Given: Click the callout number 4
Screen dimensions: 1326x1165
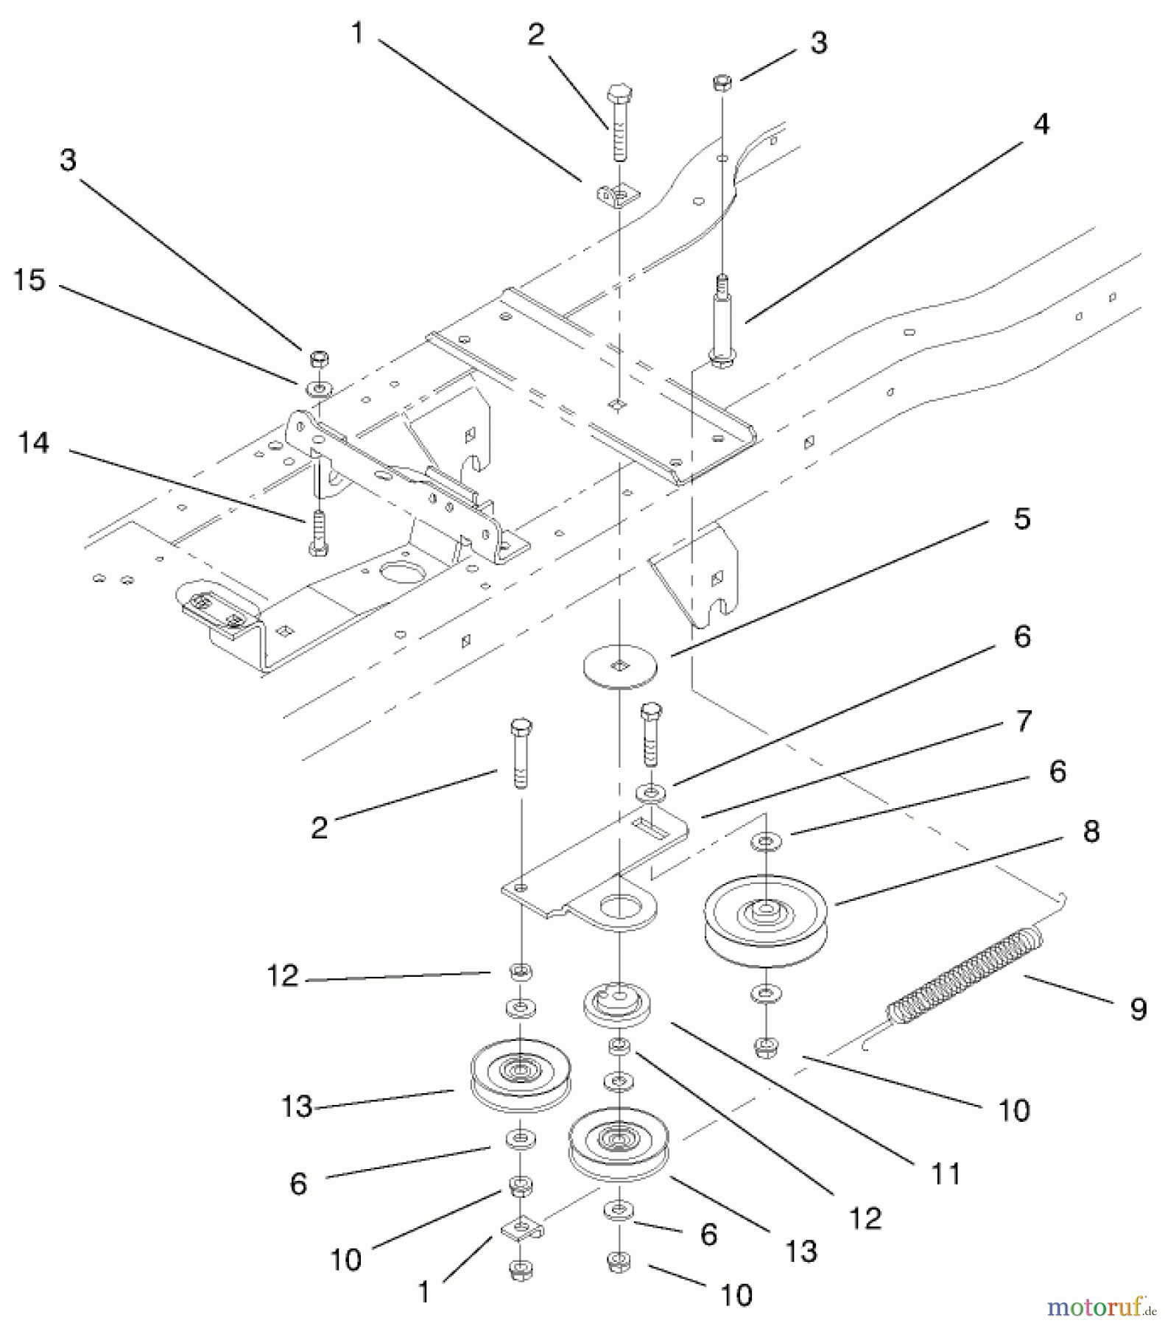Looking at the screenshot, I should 1041,124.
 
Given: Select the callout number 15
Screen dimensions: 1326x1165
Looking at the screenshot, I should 29,280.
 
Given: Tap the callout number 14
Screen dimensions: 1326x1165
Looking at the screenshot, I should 33,443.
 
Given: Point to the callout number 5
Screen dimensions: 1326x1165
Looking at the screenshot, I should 1021,519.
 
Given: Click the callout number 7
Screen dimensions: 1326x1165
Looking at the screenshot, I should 1023,720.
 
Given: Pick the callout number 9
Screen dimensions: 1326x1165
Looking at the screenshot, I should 1138,1008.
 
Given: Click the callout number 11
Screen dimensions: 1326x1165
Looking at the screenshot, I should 946,1174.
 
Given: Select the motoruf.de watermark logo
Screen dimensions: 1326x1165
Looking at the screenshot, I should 1101,1308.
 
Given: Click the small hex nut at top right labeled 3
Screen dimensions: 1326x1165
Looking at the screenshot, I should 722,83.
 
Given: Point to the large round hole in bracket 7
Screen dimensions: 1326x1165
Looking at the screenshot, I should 619,907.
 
